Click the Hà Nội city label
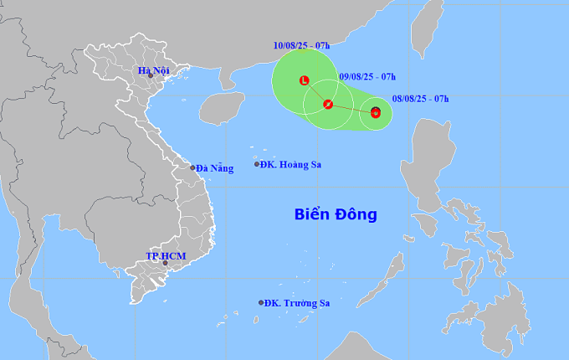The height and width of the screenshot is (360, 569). tap(154, 70)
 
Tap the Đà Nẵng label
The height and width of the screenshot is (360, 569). tap(215, 168)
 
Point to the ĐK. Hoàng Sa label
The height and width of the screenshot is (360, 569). tap(290, 164)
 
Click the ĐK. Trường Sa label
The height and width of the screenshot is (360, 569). tap(294, 303)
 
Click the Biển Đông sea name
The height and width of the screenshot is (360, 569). tap(336, 214)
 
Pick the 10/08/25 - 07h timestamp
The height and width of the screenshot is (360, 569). tap(301, 44)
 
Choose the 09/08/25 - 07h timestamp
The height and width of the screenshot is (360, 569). tap(367, 77)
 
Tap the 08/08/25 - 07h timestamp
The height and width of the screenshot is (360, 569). tap(421, 99)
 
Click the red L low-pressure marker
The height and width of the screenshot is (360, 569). tap(305, 80)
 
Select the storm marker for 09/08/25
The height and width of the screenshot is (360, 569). tap(328, 105)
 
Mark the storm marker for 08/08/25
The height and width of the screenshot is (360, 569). tap(376, 112)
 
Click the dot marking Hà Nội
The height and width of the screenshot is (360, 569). tap(151, 76)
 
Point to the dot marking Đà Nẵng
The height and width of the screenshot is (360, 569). tap(192, 167)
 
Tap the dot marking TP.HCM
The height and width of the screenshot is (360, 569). tap(165, 264)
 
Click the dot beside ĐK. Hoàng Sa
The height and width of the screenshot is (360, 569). tap(257, 164)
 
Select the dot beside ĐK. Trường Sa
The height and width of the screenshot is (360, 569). tap(261, 303)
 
